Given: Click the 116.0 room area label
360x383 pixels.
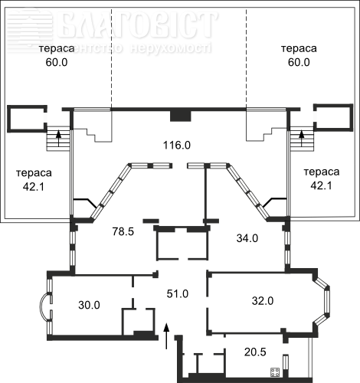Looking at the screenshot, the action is [x=177, y=146].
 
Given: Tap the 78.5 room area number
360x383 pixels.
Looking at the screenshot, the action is [x=123, y=231].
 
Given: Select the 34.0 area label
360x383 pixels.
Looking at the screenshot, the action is [x=247, y=238].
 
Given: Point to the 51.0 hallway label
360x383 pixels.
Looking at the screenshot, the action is [x=178, y=293].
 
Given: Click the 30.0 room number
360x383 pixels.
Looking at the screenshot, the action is [x=89, y=305].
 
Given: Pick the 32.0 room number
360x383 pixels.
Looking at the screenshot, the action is [x=263, y=301].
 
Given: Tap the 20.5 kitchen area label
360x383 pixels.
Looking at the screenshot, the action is [x=255, y=352].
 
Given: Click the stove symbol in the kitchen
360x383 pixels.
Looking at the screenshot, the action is [x=275, y=372].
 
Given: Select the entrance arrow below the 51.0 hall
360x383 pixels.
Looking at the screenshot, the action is [x=166, y=336].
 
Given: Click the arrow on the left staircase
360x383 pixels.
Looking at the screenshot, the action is [x=59, y=138].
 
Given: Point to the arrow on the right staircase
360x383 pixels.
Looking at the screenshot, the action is [x=302, y=138].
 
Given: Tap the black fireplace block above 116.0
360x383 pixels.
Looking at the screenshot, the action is [x=181, y=116].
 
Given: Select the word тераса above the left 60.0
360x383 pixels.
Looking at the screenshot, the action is [x=57, y=48].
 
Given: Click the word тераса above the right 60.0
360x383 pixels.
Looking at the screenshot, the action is [x=299, y=48].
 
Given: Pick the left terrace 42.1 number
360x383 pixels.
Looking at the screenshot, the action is [x=34, y=187].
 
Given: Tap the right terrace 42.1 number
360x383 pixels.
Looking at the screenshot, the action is [x=321, y=185].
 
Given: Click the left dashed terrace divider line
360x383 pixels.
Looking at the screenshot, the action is [x=111, y=58].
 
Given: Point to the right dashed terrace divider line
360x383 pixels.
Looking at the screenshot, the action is [x=246, y=58].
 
